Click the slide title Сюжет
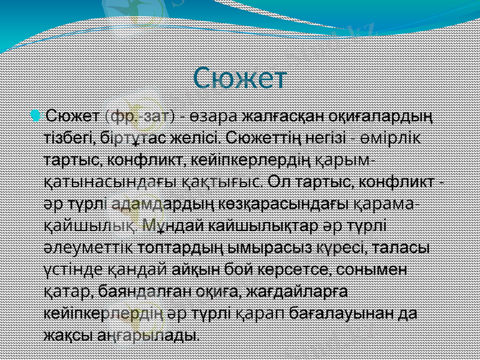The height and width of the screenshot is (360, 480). point(241,77)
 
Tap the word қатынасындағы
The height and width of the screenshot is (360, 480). point(110,181)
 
